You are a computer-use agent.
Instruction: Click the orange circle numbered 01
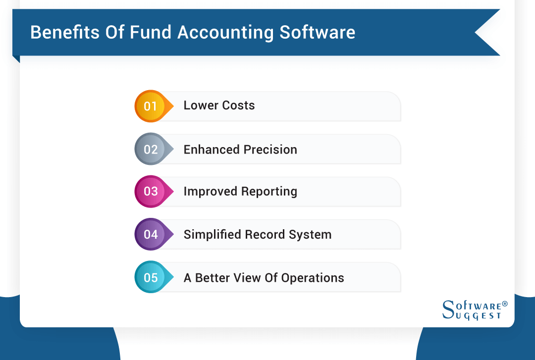(151, 106)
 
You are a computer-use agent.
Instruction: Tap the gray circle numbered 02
(151, 149)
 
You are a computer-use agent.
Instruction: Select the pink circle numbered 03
(151, 192)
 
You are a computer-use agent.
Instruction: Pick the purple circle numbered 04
(151, 234)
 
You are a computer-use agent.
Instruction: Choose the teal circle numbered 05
(151, 277)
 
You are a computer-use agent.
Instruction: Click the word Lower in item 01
(200, 105)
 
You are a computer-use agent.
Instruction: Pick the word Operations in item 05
(313, 278)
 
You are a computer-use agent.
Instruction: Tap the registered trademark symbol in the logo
(505, 304)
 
